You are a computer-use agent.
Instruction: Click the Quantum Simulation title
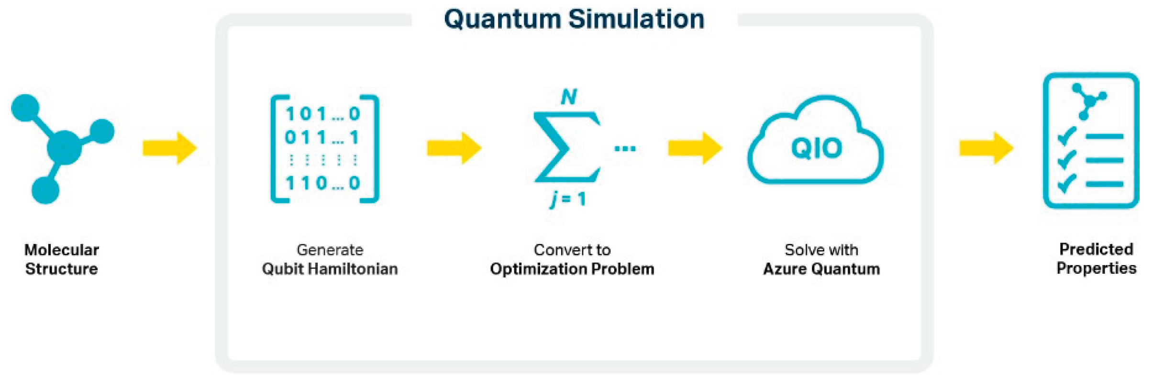coord(574,19)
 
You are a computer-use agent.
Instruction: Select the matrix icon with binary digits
coord(325,149)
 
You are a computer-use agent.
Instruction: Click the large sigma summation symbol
coord(566,147)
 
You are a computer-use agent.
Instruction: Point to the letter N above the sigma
coord(569,97)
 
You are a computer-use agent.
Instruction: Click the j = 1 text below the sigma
coord(568,199)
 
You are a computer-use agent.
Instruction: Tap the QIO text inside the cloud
coord(816,148)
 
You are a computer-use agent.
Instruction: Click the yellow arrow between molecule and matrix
coord(170,148)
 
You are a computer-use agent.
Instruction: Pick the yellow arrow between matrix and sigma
coord(454,148)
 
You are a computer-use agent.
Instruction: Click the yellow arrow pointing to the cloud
coord(695,148)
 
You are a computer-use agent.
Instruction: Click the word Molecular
coord(62,250)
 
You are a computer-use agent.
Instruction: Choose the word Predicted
coord(1096,249)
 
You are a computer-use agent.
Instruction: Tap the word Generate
coord(330,250)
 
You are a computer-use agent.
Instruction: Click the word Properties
coord(1096,268)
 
